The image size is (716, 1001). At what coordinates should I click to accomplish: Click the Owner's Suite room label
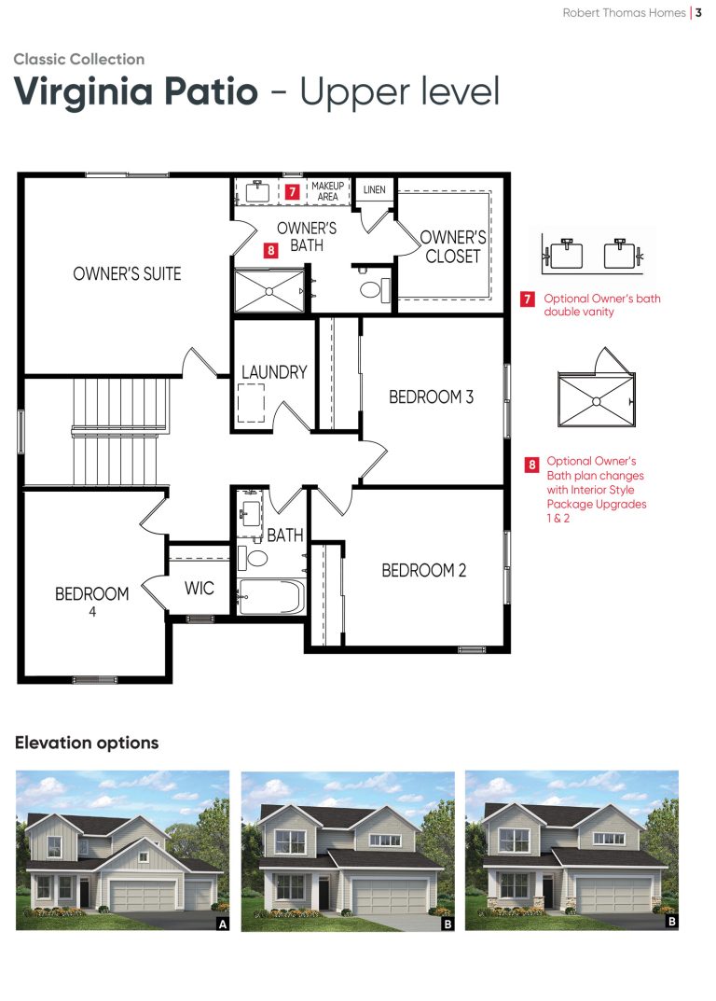pos(127,274)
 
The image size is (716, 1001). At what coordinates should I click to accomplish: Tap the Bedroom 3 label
pos(432,397)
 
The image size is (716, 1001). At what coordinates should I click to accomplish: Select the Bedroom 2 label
pos(424,570)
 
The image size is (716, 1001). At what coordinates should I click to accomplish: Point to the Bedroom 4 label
pos(92,601)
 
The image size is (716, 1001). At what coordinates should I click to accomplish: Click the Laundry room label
pos(274,371)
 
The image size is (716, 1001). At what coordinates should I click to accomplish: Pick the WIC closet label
pos(200,588)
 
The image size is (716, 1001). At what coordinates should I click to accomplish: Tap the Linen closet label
pos(375,189)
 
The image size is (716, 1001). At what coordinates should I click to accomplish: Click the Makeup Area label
pos(327,191)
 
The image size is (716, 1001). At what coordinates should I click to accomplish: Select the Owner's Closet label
pos(453,246)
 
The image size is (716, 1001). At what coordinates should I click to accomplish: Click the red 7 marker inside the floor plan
pos(292,191)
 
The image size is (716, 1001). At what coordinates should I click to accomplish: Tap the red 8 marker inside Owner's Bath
pos(271,250)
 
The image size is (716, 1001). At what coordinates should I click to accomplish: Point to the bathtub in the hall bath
pos(271,597)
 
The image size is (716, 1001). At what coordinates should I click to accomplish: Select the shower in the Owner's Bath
pos(269,291)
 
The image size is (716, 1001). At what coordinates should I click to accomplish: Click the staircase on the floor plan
pos(120,432)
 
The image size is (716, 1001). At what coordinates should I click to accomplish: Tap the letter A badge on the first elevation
pos(223,924)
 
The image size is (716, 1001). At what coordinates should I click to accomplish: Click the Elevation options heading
pos(87,743)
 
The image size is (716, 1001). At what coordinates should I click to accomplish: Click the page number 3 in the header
pos(699,13)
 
